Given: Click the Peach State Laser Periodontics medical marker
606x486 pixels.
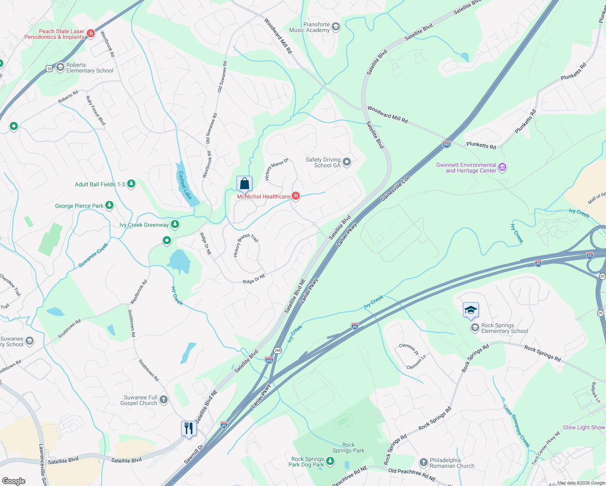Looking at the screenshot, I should click(91, 34).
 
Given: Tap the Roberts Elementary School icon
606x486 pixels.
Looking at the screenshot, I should click(60, 67).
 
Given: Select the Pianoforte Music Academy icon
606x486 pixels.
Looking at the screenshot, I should click(335, 27).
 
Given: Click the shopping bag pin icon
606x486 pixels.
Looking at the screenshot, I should click(244, 184).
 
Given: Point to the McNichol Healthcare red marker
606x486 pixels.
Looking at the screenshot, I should click(296, 196).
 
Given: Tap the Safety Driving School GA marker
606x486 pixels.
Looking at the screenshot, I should click(347, 162).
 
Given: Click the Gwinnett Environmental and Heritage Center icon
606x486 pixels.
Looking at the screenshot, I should click(502, 167).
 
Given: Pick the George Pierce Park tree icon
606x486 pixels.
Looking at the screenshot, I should click(109, 205).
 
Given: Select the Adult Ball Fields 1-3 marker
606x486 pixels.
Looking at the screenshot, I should click(131, 184).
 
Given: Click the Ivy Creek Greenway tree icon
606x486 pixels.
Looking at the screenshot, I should click(175, 224).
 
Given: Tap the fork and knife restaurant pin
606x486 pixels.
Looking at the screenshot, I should click(189, 428).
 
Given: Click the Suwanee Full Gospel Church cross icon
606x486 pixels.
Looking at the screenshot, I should click(163, 400).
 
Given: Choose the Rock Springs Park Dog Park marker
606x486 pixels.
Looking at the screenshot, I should click(330, 461).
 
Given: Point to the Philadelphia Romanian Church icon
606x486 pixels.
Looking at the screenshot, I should click(423, 462).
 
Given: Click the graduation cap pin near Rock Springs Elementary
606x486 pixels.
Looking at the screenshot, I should click(471, 310).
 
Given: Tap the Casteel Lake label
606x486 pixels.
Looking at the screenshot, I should click(185, 185).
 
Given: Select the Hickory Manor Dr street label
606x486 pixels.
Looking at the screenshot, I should click(276, 169).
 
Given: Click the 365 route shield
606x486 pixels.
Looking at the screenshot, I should click(277, 350).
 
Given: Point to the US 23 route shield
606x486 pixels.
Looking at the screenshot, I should click(49, 68).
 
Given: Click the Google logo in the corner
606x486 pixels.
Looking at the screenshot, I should click(13, 481).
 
